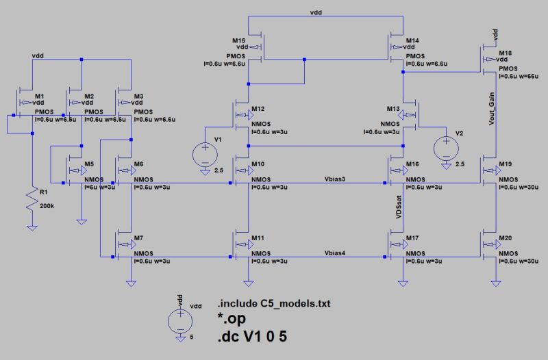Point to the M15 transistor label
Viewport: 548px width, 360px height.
coord(238,40)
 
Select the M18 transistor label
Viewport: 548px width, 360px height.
coord(505,53)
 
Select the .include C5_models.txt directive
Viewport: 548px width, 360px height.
coord(268,304)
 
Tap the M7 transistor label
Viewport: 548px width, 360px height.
coord(138,237)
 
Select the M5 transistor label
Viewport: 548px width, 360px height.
coord(88,164)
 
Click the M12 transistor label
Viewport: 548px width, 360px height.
coord(257,109)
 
